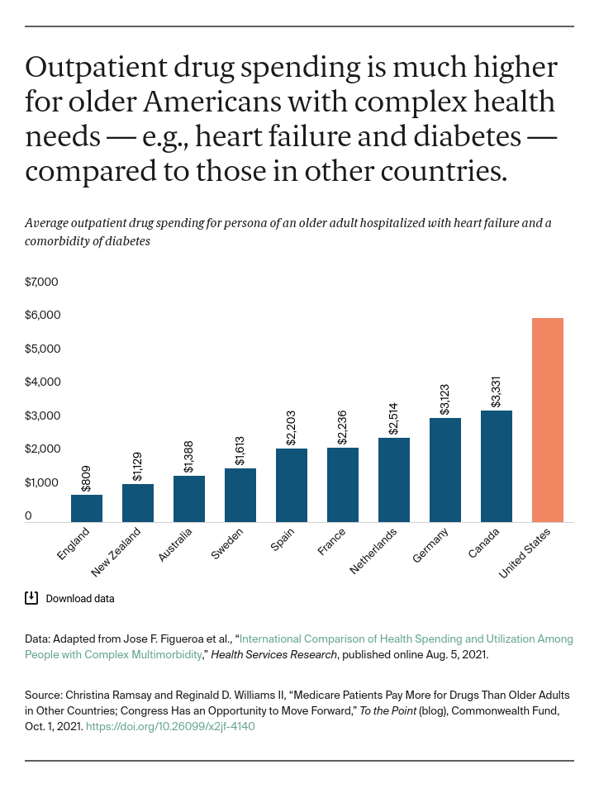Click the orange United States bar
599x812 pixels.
pyautogui.click(x=547, y=420)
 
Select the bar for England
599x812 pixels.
pyautogui.click(x=87, y=508)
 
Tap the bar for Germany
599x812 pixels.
pyautogui.click(x=445, y=469)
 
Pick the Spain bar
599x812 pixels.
pyautogui.click(x=292, y=485)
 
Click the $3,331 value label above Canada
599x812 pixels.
pyautogui.click(x=496, y=391)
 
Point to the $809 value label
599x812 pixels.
pyautogui.click(x=87, y=480)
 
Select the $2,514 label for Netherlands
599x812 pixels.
pyautogui.click(x=393, y=418)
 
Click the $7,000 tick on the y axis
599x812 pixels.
pyautogui.click(x=41, y=282)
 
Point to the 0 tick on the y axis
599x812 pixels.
pyautogui.click(x=28, y=516)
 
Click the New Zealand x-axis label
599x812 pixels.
pyautogui.click(x=116, y=552)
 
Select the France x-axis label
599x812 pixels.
pyautogui.click(x=331, y=543)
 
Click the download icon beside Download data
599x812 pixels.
pyautogui.click(x=31, y=598)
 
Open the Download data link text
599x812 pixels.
pyautogui.click(x=80, y=598)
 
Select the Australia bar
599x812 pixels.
pyautogui.click(x=189, y=499)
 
